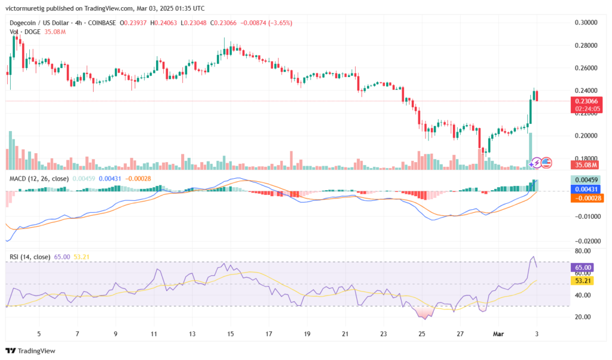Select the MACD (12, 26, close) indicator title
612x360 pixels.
[x=38, y=178]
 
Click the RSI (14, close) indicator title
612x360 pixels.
[x=29, y=257]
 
